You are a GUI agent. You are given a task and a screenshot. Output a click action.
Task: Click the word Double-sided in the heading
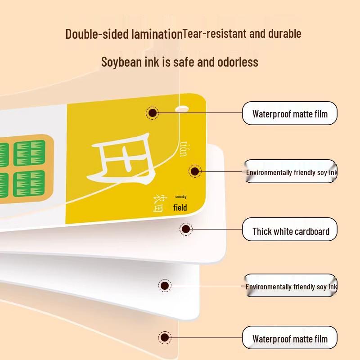tap(97, 34)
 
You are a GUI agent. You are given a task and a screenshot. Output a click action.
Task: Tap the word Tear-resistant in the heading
tap(215, 33)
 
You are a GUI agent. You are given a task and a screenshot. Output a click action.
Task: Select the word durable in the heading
tap(285, 33)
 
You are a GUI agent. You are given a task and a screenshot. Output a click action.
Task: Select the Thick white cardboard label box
tap(289, 229)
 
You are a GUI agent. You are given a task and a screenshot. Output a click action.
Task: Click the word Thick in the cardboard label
tap(262, 231)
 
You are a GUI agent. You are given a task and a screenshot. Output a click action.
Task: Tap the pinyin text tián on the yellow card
tap(183, 149)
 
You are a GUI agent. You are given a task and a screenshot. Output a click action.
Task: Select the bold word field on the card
tap(180, 207)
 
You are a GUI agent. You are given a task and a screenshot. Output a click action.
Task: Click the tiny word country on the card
tap(181, 197)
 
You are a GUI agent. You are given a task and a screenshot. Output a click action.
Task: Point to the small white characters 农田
tap(158, 203)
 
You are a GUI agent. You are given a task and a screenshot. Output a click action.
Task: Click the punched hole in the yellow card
tap(182, 109)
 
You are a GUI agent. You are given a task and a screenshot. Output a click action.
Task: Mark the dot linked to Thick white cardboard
tap(186, 229)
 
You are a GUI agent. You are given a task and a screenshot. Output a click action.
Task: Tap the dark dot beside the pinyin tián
tap(195, 171)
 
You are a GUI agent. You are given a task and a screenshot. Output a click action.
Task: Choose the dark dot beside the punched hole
tap(152, 113)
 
